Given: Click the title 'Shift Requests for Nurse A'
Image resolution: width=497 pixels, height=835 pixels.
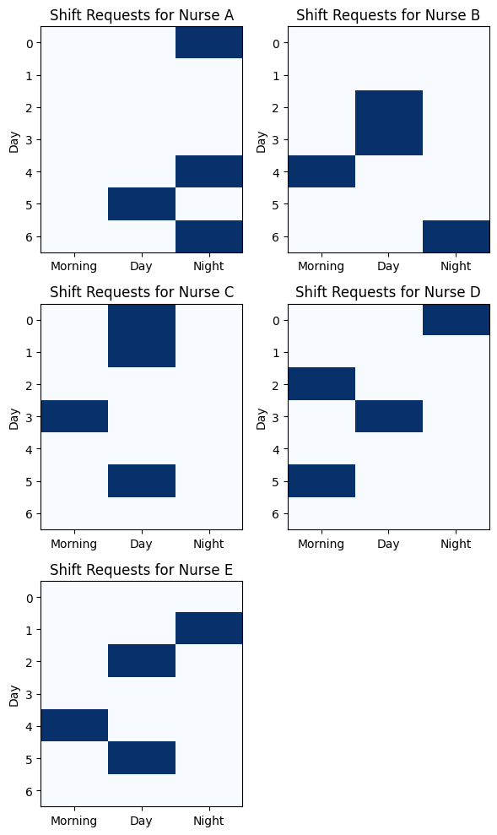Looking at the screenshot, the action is click(x=142, y=15).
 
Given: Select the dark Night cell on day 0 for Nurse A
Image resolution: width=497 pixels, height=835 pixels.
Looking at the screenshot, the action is click(x=209, y=42).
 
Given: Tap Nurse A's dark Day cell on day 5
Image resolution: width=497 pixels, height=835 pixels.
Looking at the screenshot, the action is click(x=142, y=204).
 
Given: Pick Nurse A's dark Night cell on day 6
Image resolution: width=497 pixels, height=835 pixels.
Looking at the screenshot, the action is click(x=209, y=236).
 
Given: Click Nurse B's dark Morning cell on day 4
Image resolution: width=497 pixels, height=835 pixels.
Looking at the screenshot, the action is click(x=321, y=171).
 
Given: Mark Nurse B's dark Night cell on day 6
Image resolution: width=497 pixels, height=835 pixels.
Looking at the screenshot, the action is click(x=456, y=236).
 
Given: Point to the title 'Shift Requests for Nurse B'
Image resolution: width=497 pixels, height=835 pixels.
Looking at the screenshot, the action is click(x=388, y=15).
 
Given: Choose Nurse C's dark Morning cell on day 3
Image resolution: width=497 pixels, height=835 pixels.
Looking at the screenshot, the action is click(x=74, y=416).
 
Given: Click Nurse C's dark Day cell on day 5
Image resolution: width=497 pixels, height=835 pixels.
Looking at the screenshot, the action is click(x=142, y=481).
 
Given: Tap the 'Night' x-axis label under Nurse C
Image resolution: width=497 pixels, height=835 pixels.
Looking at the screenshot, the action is click(x=208, y=544).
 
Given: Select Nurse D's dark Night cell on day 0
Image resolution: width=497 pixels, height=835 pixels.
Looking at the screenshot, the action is click(x=456, y=319).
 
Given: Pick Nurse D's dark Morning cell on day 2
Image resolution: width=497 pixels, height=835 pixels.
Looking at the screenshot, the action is click(x=321, y=384).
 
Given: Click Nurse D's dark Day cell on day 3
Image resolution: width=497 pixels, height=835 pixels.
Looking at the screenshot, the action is click(x=389, y=416).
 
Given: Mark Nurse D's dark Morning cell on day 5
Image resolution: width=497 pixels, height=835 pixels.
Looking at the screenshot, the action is click(x=321, y=481).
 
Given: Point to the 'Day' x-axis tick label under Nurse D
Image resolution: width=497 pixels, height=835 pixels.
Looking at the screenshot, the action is click(x=388, y=545).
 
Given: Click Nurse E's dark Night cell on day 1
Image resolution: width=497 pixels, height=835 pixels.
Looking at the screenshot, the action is click(x=209, y=628).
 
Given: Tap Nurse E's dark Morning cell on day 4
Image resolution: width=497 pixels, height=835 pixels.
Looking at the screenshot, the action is click(x=74, y=725).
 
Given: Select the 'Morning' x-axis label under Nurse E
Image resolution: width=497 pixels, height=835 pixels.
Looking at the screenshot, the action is click(x=74, y=821).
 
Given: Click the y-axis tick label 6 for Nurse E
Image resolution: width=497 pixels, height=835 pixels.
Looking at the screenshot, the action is click(x=30, y=791).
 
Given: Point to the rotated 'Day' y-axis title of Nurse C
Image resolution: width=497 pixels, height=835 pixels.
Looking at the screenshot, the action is click(x=14, y=419).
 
